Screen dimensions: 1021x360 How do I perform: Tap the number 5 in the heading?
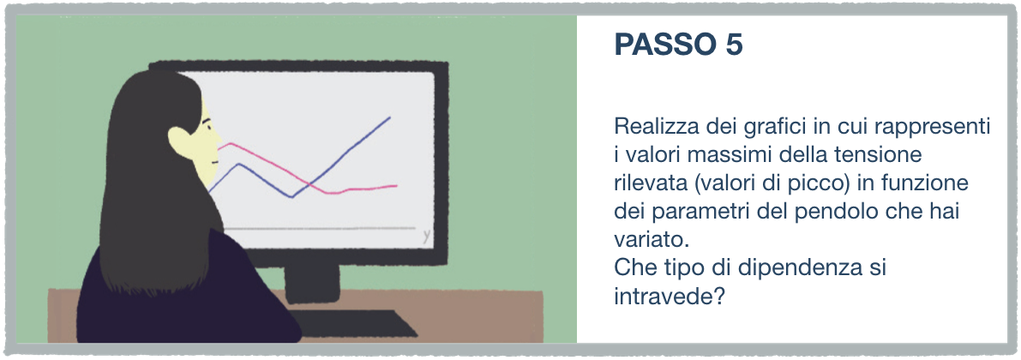click(733, 45)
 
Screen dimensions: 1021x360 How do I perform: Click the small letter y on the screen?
click(427, 237)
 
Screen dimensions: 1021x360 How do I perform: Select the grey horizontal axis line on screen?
click(319, 229)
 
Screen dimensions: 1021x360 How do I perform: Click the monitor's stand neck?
click(312, 282)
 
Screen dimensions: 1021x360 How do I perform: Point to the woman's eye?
click(210, 127)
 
